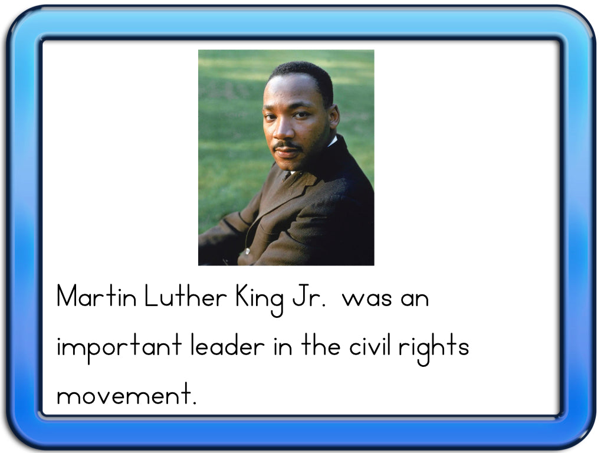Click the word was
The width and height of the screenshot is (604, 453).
367,299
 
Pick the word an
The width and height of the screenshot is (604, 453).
415,299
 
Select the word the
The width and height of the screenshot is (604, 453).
321,344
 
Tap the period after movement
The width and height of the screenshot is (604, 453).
194,402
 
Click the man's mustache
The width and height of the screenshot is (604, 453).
287,146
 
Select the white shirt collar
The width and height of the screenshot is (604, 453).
332,142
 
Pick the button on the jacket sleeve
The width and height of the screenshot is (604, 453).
247,251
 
